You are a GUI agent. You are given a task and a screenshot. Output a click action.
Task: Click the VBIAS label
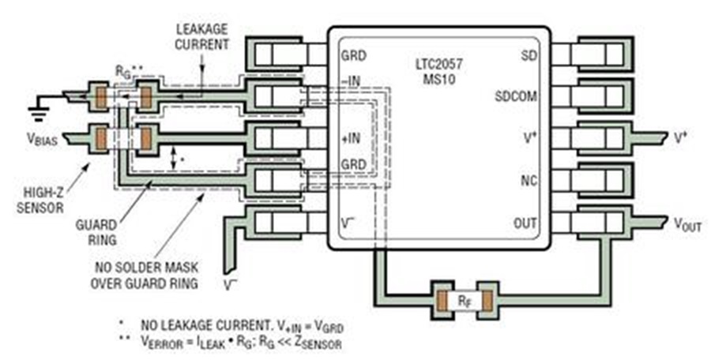pos(41,140)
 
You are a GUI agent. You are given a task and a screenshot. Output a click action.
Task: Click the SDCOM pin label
pos(516,96)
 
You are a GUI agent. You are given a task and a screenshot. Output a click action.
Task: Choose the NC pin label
pos(529,181)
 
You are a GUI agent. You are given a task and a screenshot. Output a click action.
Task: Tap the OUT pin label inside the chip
pos(525,223)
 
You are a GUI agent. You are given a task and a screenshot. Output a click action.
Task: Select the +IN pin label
pos(351,138)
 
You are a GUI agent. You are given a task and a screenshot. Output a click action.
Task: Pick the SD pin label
pos(529,55)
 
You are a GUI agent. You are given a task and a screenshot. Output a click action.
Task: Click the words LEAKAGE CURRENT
pos(202,37)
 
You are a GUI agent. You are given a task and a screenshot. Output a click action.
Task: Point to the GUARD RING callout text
pos(103,231)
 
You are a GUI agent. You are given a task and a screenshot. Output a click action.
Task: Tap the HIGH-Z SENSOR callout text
pos(40,200)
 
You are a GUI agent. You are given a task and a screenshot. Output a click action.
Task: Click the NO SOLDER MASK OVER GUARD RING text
pos(145,276)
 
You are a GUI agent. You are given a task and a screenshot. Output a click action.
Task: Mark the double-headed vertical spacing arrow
pos(173,159)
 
